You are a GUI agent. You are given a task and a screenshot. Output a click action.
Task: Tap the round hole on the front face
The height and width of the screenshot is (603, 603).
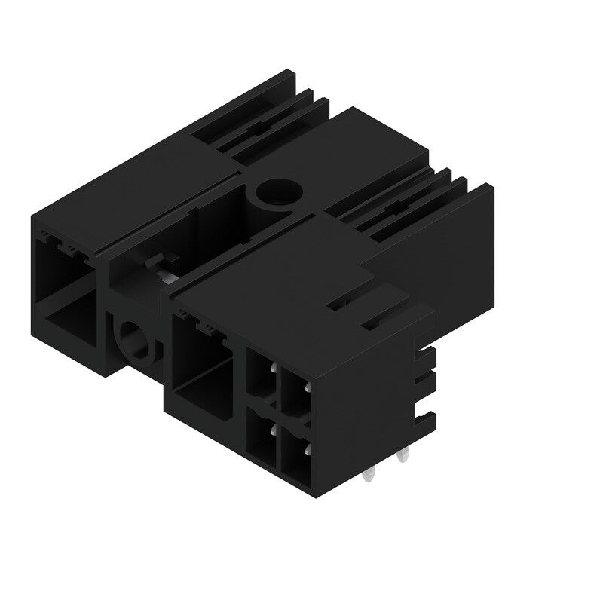[x=136, y=338]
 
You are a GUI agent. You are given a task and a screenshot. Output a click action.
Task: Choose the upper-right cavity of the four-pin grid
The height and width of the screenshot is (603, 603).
[x=295, y=392]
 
